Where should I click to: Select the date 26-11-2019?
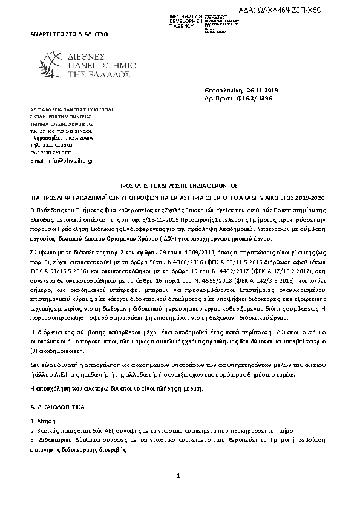pos(261,90)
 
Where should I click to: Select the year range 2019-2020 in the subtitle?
pos(312,198)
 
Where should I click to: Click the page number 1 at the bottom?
pos(179,477)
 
